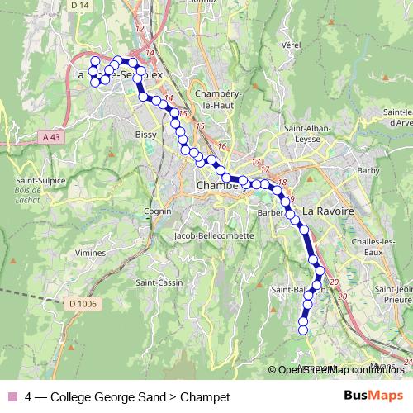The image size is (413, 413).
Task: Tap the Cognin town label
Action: [135, 211]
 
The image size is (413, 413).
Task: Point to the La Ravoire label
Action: [328, 211]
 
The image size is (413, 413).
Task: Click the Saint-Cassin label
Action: [159, 282]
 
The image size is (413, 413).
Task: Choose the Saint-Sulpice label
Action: [35, 179]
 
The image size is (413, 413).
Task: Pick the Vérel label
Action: [290, 45]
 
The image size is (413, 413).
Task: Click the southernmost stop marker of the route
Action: [302, 330]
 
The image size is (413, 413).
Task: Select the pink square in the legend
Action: [11, 397]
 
